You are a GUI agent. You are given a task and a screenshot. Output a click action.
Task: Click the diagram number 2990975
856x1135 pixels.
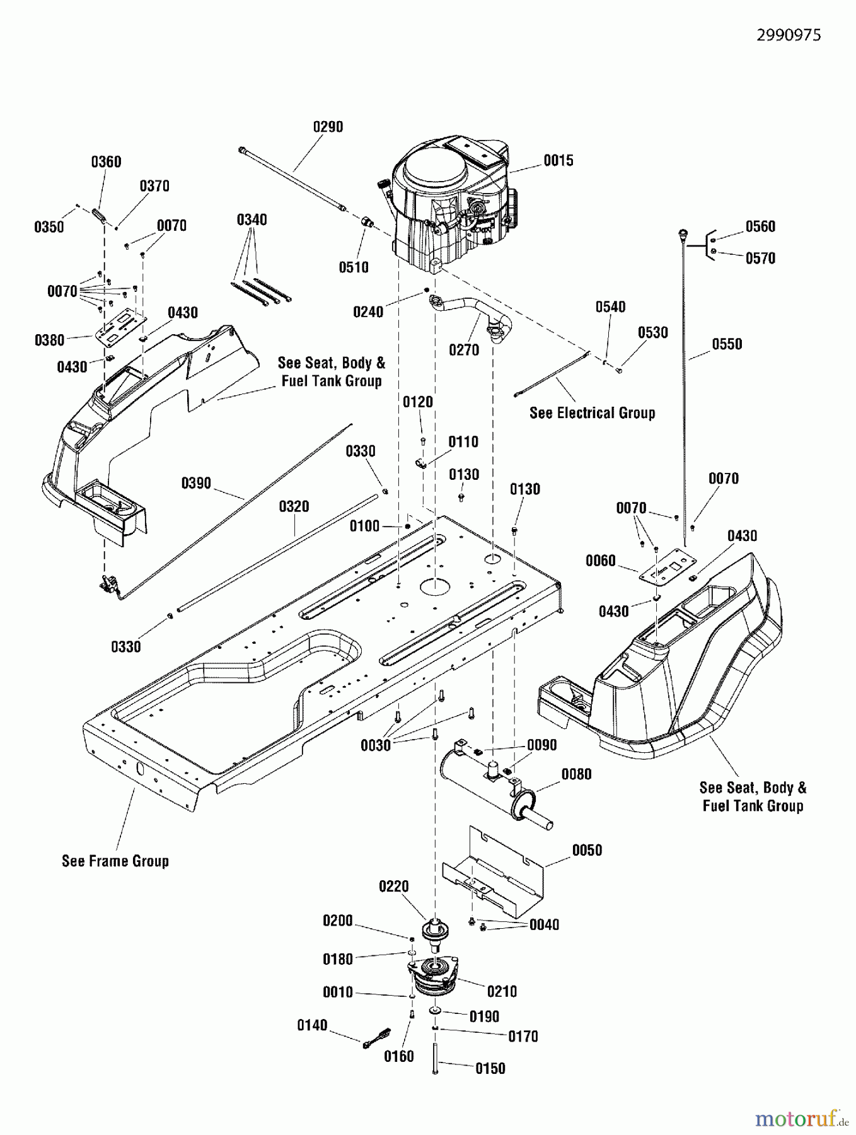tap(789, 35)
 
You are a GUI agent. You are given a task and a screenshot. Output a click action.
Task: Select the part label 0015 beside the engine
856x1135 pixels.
tap(558, 161)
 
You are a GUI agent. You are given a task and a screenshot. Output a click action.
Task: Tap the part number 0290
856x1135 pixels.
tap(328, 127)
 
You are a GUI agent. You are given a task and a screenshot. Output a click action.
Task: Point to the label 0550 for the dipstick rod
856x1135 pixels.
tap(727, 344)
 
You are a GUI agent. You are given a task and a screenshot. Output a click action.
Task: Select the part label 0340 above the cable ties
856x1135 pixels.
tap(252, 220)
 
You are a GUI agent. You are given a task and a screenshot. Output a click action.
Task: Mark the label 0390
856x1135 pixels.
tap(196, 484)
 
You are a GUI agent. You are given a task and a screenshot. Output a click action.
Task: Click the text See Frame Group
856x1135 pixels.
tap(115, 861)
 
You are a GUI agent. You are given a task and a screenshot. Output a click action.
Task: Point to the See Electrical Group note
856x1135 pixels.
tap(592, 413)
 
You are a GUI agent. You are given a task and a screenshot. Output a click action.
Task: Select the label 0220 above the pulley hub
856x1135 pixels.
tap(394, 887)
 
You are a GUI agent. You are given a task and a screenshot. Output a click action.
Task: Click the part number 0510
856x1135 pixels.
tap(354, 267)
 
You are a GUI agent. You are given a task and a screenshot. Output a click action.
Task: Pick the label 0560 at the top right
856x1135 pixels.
tap(760, 227)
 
